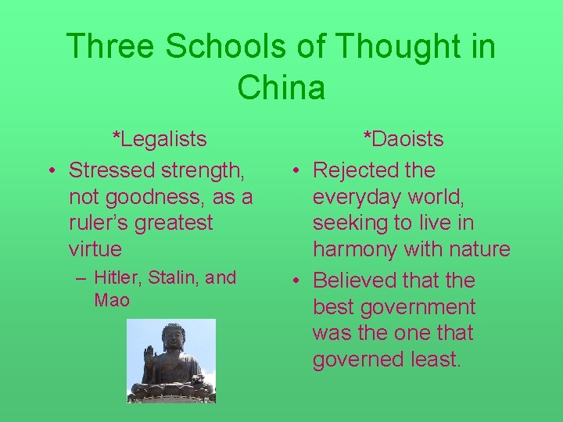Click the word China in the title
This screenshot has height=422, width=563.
281,87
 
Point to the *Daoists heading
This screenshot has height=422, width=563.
403,140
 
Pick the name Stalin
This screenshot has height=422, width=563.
170,277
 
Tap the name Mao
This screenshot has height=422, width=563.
112,300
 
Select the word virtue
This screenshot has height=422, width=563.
95,249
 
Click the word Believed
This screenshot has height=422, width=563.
356,280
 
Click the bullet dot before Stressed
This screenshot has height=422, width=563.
50,170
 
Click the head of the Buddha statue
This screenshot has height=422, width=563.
171,337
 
